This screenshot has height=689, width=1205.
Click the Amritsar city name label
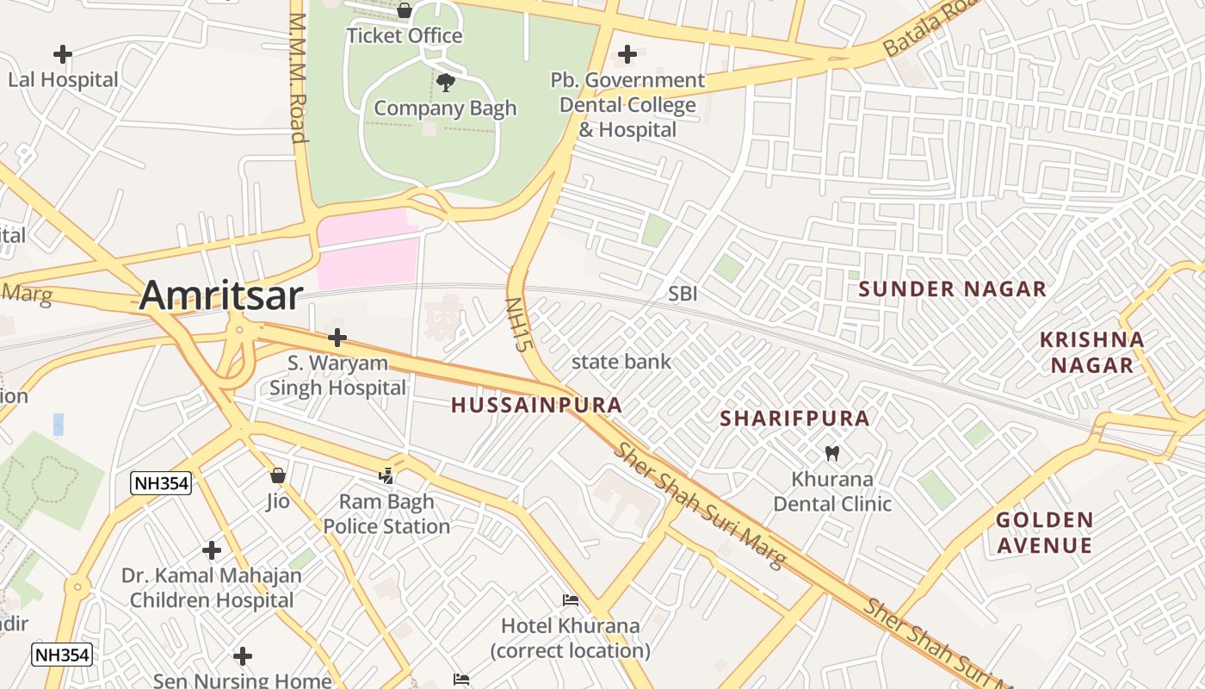pos(220,295)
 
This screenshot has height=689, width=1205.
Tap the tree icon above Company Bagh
pos(446,83)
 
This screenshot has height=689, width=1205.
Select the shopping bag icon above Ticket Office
pos(404,11)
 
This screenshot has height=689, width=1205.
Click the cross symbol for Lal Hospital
pos(62,54)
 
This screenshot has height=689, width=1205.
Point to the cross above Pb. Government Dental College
pos(627,54)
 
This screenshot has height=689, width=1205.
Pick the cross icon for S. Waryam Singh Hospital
pos(337,338)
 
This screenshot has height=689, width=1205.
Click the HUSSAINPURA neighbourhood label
pos(536,405)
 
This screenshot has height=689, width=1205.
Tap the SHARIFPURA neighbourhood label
pos(794,419)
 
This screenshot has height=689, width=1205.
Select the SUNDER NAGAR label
pos(952,289)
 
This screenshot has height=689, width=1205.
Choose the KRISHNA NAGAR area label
pos(1091,352)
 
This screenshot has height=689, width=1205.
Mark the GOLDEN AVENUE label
pos(1044,532)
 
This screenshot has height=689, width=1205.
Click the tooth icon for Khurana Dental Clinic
pos(831,453)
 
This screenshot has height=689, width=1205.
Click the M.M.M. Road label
pos(299,78)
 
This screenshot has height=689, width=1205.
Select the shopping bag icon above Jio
pos(277,475)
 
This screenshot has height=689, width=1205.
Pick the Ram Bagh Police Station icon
pos(386,475)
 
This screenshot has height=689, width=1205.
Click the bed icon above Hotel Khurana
pos(570,600)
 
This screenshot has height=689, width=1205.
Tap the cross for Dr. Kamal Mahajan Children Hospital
pos(212,549)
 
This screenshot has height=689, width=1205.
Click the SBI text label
pos(683,294)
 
